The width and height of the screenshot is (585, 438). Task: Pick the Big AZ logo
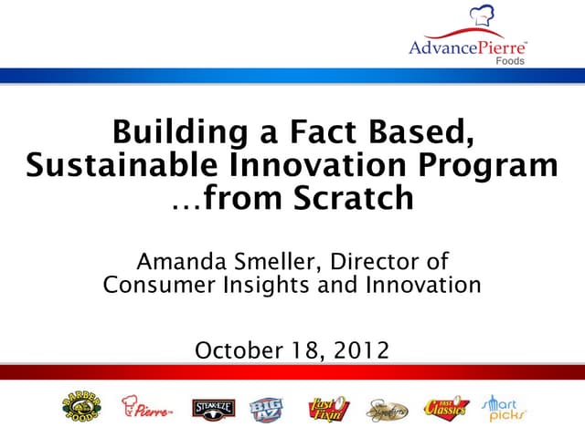pyautogui.click(x=266, y=408)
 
